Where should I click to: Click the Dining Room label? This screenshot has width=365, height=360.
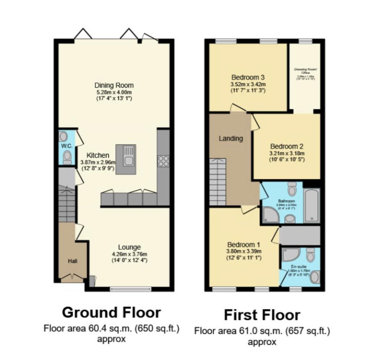pos(114,85)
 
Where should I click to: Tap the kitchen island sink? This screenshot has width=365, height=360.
pos(129,156)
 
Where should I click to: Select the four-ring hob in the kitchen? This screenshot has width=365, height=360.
pos(163,160)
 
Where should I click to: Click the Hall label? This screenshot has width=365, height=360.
pos(72,260)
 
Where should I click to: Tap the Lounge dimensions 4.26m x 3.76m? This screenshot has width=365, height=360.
pos(129,254)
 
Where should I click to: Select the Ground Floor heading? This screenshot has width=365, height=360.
pos(112,312)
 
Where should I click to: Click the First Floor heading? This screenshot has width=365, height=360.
pos(262,315)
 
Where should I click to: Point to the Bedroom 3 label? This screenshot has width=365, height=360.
pos(248,77)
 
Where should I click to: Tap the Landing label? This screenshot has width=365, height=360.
pos(230,138)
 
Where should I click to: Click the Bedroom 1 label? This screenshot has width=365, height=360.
pos(243,244)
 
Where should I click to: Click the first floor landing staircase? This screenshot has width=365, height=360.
pos(218,181)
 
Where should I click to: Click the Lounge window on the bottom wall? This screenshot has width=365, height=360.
pos(131,289)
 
